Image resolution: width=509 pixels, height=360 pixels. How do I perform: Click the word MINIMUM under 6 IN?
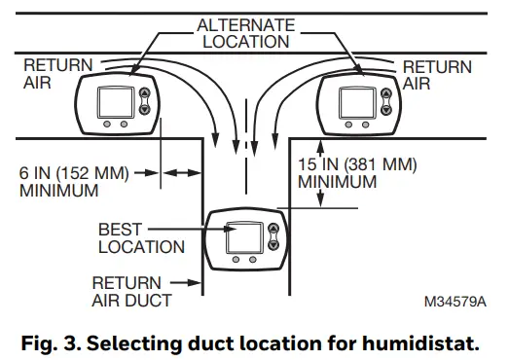(58, 190)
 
